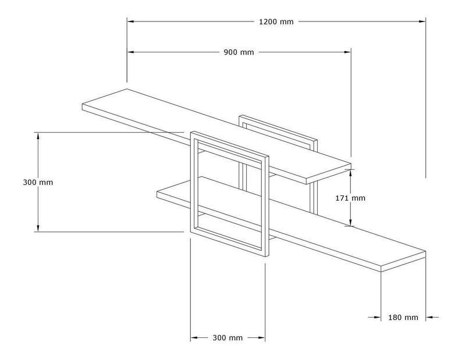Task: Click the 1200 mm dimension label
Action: [x=276, y=22]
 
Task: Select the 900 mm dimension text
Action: [x=239, y=52]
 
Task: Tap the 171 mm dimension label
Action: [x=351, y=198]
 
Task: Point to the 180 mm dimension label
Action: [x=403, y=318]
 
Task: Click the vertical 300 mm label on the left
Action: [x=38, y=182]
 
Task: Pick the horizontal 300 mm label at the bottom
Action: [x=228, y=338]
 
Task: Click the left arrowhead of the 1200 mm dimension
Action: [x=131, y=22]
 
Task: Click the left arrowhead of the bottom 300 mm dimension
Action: [x=194, y=338]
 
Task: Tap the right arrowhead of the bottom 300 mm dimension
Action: [x=262, y=338]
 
